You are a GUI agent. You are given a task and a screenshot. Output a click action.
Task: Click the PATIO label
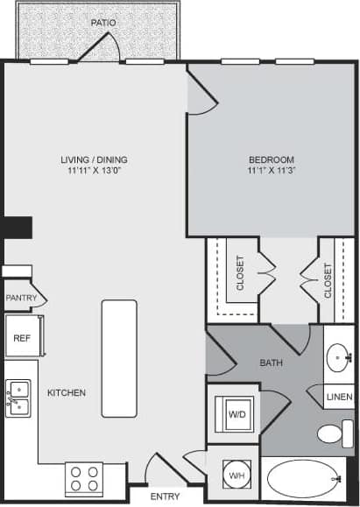click(x=102, y=22)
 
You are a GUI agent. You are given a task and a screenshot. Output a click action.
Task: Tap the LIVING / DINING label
click(x=94, y=159)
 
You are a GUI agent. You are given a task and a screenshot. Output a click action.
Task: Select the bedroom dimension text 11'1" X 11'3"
click(x=271, y=172)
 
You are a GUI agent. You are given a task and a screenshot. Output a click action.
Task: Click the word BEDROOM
click(x=271, y=159)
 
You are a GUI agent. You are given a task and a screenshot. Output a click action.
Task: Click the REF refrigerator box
click(x=20, y=337)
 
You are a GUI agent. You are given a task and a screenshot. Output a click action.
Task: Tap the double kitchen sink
click(x=18, y=398)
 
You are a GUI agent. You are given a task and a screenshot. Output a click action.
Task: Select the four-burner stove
click(x=84, y=479)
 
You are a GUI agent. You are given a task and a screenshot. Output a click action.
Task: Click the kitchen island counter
click(x=119, y=358)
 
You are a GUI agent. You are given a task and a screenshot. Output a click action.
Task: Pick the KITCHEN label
click(x=67, y=393)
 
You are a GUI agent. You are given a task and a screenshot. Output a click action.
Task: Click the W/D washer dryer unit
click(x=236, y=414)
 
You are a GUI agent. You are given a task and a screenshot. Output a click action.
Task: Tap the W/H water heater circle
click(x=236, y=475)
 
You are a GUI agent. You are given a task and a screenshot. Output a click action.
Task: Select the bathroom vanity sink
click(x=339, y=357)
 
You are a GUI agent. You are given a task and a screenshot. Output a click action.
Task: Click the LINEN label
click(x=339, y=398)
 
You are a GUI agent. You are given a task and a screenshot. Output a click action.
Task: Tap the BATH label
click(x=271, y=363)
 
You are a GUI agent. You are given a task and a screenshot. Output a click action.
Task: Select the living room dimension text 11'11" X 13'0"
click(x=94, y=172)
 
